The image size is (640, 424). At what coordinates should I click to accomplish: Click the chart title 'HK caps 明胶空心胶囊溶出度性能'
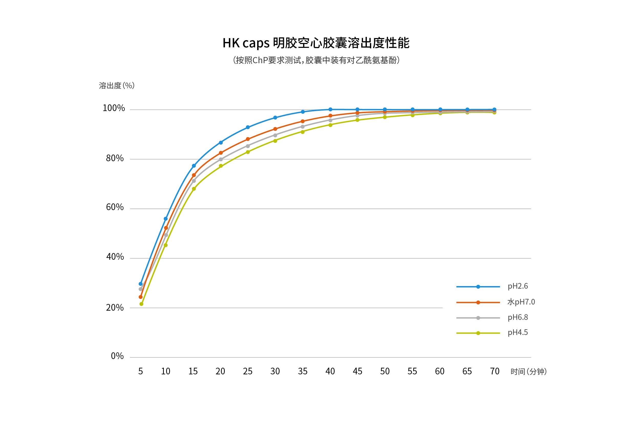pyautogui.click(x=316, y=43)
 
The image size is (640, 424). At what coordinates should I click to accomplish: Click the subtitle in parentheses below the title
pyautogui.click(x=316, y=60)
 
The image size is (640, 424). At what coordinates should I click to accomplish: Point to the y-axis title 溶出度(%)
pyautogui.click(x=116, y=86)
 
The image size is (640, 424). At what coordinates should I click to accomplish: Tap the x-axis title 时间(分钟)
pyautogui.click(x=528, y=372)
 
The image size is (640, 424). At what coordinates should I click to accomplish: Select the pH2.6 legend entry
pyautogui.click(x=517, y=286)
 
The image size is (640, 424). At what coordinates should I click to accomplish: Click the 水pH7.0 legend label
pyautogui.click(x=521, y=302)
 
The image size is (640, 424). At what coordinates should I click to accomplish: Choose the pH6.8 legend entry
pyautogui.click(x=517, y=317)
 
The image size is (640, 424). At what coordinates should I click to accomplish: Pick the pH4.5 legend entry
pyautogui.click(x=517, y=332)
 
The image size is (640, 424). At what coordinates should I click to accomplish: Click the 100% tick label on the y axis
pyautogui.click(x=114, y=108)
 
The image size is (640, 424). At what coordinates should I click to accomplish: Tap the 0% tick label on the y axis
pyautogui.click(x=117, y=356)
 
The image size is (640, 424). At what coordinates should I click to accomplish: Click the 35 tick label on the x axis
pyautogui.click(x=303, y=371)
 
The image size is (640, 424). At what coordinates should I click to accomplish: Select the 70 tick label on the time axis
pyautogui.click(x=495, y=371)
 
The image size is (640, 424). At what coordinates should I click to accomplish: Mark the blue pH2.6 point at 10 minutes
pyautogui.click(x=166, y=219)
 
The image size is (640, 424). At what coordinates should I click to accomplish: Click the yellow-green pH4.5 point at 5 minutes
pyautogui.click(x=141, y=304)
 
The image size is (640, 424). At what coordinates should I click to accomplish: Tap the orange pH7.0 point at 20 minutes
pyautogui.click(x=221, y=153)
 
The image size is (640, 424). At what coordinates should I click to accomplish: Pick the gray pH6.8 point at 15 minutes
pyautogui.click(x=194, y=181)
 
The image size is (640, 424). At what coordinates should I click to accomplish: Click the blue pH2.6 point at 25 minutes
pyautogui.click(x=248, y=127)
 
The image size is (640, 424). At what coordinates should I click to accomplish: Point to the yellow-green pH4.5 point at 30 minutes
pyautogui.click(x=275, y=141)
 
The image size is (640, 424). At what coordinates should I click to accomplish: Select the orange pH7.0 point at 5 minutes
pyautogui.click(x=141, y=297)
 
